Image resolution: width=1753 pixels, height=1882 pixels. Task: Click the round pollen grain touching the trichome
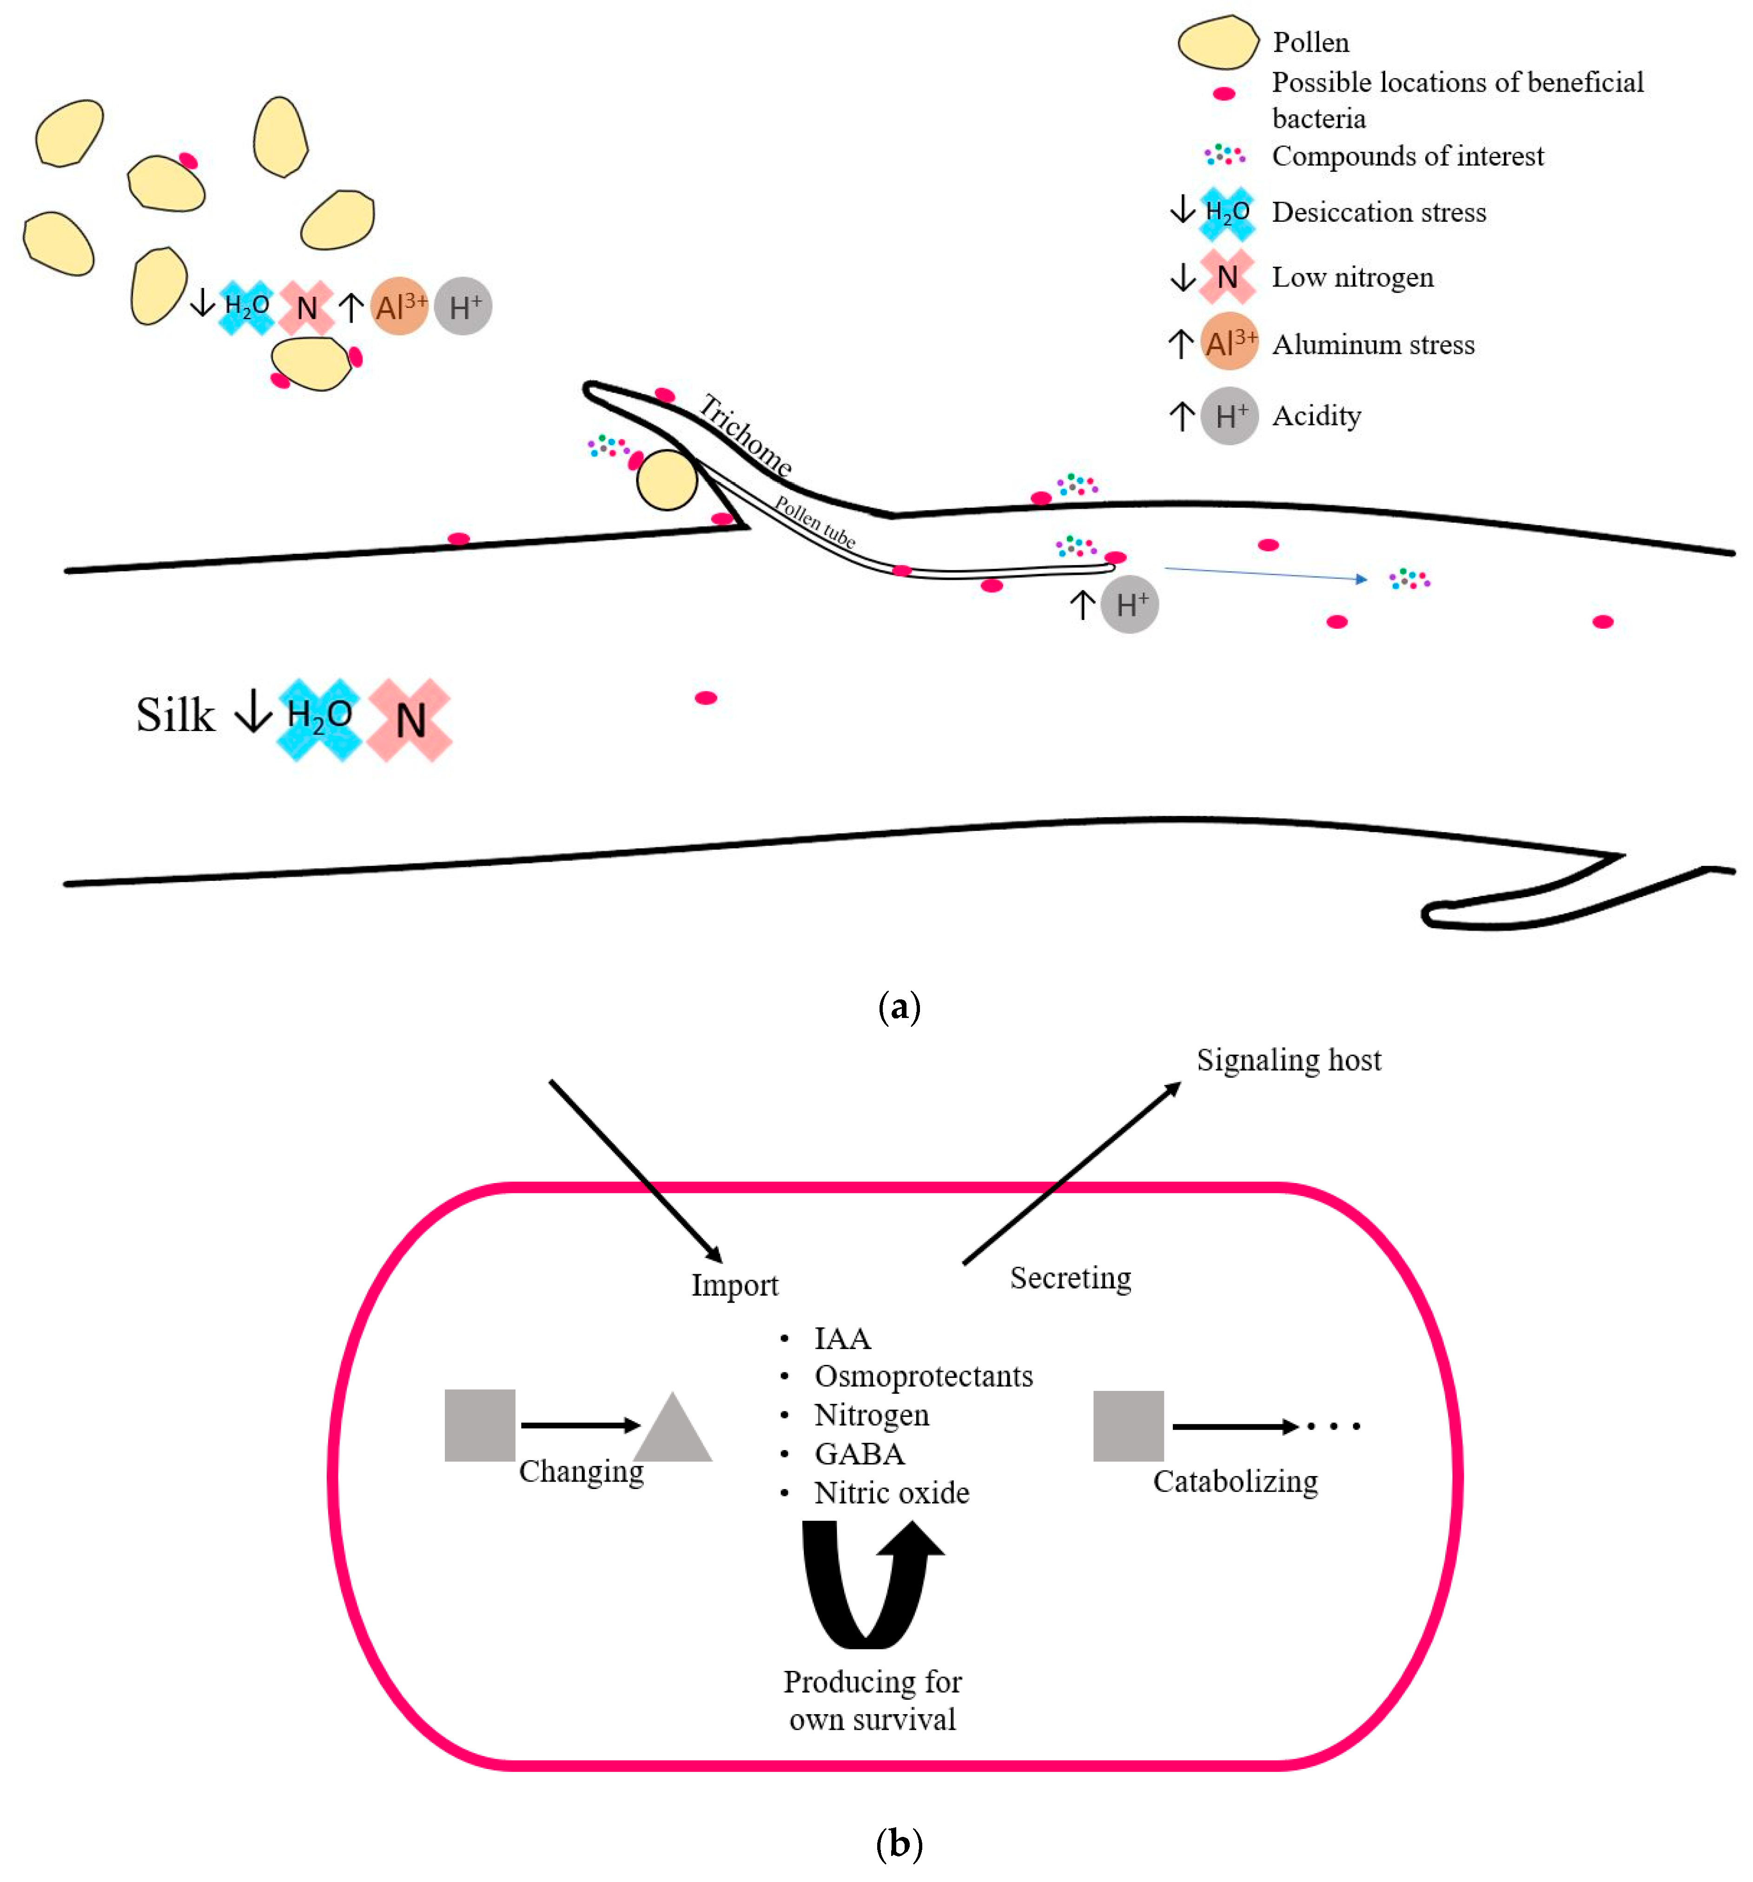666,480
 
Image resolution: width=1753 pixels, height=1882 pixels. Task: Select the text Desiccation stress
1378,212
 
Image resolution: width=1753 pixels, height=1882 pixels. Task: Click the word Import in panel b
734,1284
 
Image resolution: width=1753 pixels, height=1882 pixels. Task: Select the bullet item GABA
859,1453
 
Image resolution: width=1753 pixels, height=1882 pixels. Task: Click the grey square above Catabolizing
1128,1426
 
